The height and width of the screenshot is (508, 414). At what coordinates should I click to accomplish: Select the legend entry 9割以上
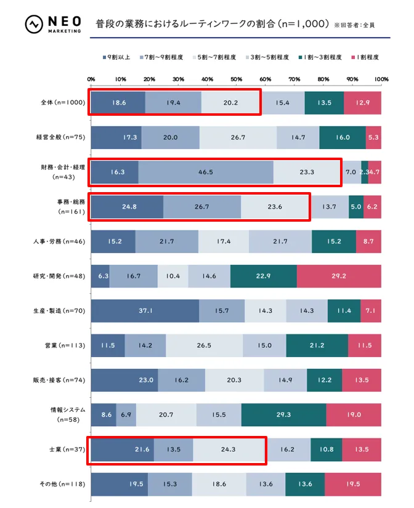[117, 57]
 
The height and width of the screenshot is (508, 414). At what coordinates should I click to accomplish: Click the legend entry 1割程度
[364, 57]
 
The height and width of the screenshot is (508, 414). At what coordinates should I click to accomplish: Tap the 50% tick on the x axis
[236, 79]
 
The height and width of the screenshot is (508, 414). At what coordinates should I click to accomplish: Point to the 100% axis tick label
[381, 79]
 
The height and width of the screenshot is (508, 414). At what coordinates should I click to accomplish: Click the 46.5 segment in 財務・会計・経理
[206, 172]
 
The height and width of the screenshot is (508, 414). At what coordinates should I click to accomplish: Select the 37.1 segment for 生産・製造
[145, 311]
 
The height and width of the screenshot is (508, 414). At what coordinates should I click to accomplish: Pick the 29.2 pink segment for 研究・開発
[339, 276]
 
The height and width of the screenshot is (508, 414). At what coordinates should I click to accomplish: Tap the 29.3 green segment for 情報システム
[283, 415]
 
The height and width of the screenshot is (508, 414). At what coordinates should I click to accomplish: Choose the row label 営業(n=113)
[64, 345]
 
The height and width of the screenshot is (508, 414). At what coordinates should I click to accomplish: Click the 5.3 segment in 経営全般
[373, 137]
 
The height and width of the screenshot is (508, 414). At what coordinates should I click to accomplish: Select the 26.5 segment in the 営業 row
[204, 345]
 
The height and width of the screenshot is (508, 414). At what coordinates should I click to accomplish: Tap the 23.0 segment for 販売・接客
[124, 381]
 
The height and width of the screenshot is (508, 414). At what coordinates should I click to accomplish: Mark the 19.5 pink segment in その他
[353, 484]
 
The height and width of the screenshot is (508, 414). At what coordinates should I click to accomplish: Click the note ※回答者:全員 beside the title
[354, 26]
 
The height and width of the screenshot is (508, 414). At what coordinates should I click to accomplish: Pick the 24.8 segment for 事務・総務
[127, 207]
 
